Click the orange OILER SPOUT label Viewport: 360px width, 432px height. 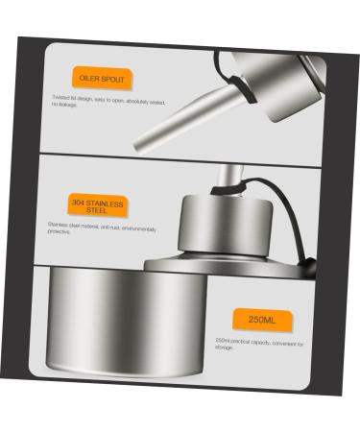coord(102,78)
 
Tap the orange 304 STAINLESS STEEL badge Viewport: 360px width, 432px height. coord(97,205)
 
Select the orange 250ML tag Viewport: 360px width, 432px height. coord(261,320)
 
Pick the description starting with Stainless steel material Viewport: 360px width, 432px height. coord(101,229)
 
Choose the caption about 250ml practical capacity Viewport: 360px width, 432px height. coord(258,344)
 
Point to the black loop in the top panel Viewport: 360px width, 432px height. coord(225,67)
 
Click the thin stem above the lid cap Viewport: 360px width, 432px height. coord(228,177)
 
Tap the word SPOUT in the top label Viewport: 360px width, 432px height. coord(112,79)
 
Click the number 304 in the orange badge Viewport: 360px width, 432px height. coord(79,202)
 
